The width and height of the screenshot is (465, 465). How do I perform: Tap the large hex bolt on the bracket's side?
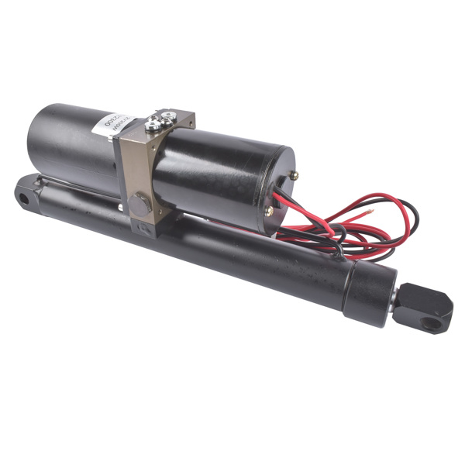(139, 205)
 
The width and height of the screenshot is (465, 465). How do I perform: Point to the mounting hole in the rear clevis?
(24, 198)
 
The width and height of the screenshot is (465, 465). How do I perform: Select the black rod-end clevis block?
(424, 304)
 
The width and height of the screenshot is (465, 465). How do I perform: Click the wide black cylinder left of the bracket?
(74, 147)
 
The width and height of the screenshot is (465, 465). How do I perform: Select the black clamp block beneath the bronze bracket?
(147, 226)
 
